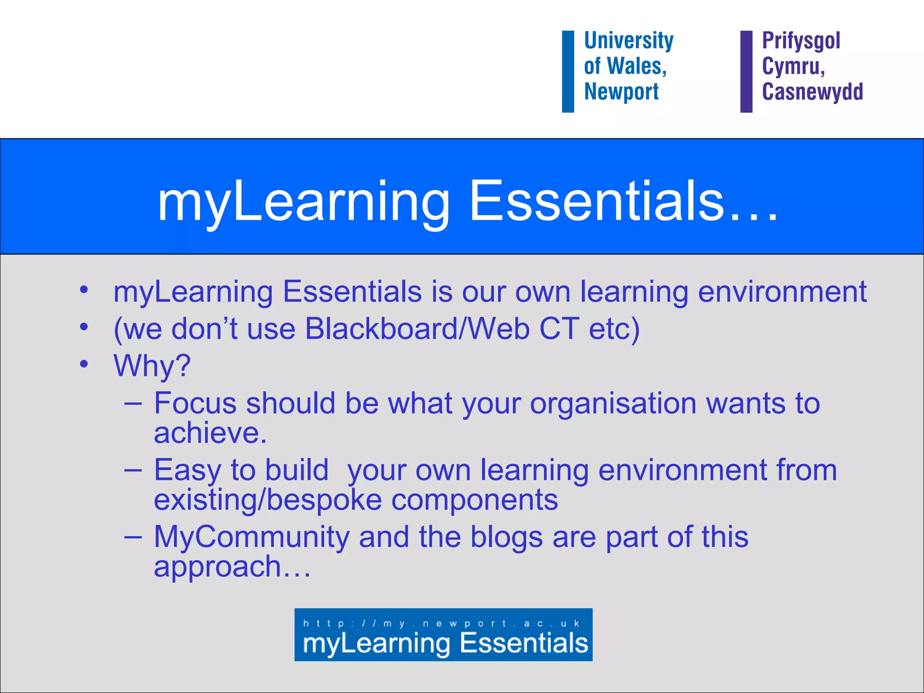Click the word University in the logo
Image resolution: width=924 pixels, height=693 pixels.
(x=628, y=41)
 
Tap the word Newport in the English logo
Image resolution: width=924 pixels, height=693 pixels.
(x=621, y=92)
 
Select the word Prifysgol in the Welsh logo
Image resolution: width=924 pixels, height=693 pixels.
(x=801, y=41)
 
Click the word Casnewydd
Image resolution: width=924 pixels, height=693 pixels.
(x=812, y=92)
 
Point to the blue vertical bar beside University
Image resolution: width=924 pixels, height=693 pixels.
(x=568, y=71)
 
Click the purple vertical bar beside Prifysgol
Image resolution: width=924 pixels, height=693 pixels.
(x=746, y=71)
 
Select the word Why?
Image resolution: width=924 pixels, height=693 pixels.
(x=152, y=365)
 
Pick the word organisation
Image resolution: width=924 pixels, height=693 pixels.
(x=613, y=403)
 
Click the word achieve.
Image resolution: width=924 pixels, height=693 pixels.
(x=210, y=433)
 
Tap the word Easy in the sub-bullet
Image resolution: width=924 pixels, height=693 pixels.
(x=188, y=471)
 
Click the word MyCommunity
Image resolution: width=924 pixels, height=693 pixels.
(x=252, y=537)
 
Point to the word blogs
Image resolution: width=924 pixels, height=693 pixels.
(x=506, y=537)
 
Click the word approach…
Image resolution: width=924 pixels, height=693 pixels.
(x=232, y=567)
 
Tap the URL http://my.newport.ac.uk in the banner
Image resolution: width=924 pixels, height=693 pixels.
(x=441, y=624)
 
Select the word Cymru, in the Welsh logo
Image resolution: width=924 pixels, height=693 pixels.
(x=793, y=66)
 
